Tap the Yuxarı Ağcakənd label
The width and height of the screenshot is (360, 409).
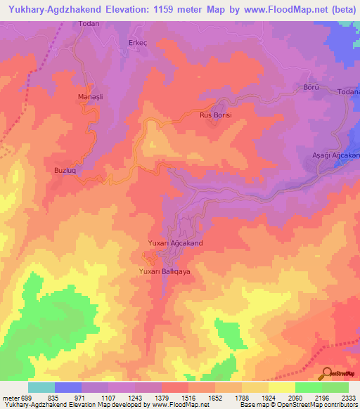(175, 242)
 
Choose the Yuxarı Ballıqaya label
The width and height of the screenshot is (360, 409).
(165, 271)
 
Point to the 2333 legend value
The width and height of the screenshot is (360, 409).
(349, 397)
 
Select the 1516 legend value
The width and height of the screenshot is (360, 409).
(188, 397)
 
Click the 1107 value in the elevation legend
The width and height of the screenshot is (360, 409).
(108, 397)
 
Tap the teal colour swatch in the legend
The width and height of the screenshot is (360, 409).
(41, 387)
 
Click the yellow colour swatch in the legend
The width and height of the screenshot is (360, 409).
(282, 387)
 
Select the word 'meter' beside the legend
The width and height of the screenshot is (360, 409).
(11, 397)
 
